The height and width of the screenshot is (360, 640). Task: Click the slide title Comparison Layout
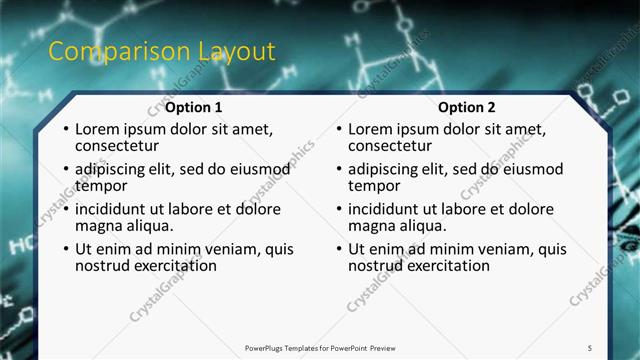click(161, 52)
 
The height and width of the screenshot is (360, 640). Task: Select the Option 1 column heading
click(194, 107)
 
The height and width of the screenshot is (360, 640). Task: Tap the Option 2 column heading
click(467, 107)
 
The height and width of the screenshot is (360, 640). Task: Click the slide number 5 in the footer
click(590, 347)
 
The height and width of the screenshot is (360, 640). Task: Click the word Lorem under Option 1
click(98, 130)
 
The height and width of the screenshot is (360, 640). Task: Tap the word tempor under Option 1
click(101, 186)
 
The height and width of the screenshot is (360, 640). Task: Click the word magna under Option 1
click(99, 226)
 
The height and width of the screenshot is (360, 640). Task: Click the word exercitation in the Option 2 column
click(447, 266)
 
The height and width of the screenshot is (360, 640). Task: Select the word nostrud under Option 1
click(103, 266)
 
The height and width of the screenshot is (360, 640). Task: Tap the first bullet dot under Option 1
click(65, 131)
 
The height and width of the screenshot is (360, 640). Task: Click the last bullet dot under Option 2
click(338, 250)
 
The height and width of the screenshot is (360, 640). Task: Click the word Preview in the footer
click(377, 347)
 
